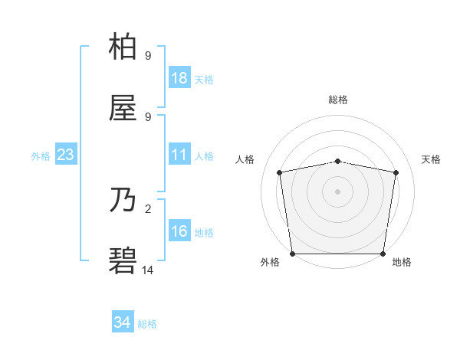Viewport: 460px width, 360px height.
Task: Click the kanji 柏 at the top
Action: point(123,47)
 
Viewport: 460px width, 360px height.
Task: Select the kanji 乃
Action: point(123,201)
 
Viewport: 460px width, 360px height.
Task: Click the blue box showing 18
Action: point(179,78)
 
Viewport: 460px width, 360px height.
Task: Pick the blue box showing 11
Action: point(179,155)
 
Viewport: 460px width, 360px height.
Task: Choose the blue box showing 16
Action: point(179,231)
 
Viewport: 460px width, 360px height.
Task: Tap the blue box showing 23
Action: point(66,155)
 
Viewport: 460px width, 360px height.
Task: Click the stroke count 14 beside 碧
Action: point(148,270)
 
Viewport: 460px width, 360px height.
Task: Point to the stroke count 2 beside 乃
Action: point(148,208)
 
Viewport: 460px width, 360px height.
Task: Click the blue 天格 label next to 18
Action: point(204,80)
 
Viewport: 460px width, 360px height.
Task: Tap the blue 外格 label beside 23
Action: point(41,156)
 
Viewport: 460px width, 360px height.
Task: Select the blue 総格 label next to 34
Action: point(147,324)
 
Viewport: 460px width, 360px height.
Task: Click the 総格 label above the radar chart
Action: point(338,100)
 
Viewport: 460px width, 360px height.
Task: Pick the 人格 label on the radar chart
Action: point(246,159)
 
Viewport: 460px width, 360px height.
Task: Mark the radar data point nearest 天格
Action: point(396,172)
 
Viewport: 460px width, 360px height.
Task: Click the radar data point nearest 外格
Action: point(292,254)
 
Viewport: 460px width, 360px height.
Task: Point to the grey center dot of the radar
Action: point(337,191)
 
